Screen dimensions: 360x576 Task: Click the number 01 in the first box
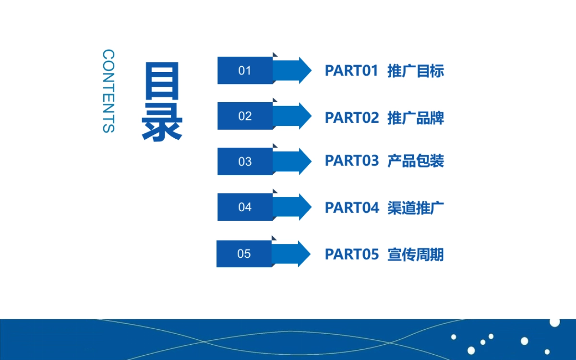coord(245,71)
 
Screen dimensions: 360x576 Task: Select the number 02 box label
coord(245,116)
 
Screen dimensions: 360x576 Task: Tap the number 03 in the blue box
coord(245,162)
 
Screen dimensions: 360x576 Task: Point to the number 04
coord(245,207)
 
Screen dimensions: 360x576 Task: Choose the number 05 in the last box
coord(244,254)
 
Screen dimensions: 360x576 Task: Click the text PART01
coord(352,71)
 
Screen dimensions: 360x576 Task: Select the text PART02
coord(352,118)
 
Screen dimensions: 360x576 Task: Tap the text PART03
coord(352,161)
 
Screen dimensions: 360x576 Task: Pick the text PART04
coord(352,208)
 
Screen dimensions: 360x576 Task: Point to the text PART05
coord(352,254)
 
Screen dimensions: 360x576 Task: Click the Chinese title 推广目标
coord(416,71)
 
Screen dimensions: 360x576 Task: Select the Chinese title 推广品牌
coord(416,118)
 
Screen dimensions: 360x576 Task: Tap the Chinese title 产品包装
coord(416,161)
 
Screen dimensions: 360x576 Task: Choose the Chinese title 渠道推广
coord(416,208)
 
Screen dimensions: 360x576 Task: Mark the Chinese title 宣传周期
coord(416,254)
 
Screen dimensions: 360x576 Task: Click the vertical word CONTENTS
coord(109,91)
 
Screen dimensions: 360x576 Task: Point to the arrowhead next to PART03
coord(304,161)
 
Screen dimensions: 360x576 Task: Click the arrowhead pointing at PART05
coord(303,254)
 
